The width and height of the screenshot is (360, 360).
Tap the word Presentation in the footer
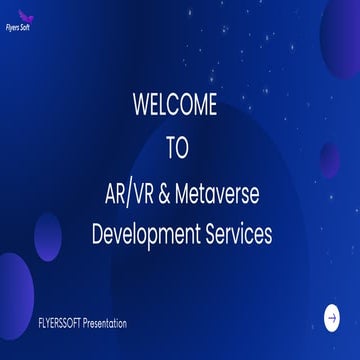pos(105,323)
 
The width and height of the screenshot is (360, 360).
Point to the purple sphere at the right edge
pos(330,160)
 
